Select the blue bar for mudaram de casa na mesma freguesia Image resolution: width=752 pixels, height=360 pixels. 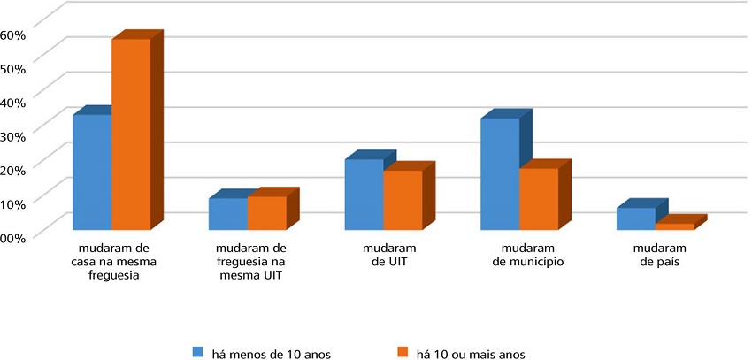92,172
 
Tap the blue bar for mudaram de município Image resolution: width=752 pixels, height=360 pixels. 500,174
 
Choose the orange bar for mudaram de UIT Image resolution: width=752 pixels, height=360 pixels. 403,201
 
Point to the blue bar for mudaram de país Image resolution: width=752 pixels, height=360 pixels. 636,219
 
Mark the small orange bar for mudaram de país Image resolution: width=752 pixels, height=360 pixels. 675,227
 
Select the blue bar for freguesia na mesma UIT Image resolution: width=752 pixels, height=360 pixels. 228,214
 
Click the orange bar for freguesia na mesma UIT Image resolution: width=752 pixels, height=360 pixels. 267,213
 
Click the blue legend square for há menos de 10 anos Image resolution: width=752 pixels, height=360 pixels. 198,353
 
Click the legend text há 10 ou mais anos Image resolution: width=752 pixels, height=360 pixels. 470,354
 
